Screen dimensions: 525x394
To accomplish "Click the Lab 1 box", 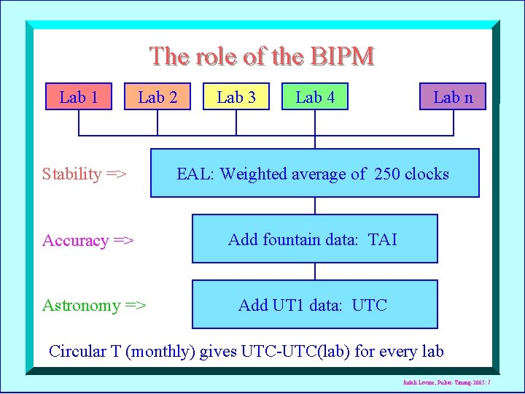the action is [x=79, y=97].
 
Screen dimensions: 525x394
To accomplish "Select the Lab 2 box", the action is [x=157, y=97].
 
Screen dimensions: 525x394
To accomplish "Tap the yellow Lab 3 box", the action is [x=236, y=97].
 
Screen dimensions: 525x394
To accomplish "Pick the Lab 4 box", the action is [x=315, y=97].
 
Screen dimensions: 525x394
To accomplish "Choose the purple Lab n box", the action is [x=453, y=97].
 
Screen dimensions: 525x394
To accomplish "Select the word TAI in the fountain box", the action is [x=383, y=239].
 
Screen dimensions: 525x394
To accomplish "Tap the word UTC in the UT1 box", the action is [x=369, y=305].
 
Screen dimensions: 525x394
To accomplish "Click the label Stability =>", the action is [x=85, y=174].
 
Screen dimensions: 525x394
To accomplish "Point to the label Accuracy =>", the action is [x=88, y=240].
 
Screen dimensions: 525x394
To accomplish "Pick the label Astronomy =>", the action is [x=94, y=305].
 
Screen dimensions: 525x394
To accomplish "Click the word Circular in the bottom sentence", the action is [x=77, y=351].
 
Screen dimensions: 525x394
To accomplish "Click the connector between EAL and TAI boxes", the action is [x=315, y=206].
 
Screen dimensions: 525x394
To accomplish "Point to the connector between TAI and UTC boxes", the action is [x=315, y=271].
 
